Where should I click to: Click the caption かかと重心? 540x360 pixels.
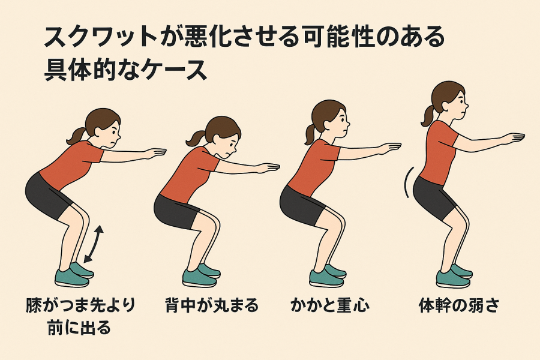[x=329, y=305]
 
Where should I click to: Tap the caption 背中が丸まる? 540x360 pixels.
[x=211, y=305]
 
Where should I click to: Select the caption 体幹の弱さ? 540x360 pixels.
[x=459, y=305]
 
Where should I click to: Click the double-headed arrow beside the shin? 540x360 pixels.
[x=94, y=244]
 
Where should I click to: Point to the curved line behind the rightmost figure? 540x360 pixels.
[x=407, y=182]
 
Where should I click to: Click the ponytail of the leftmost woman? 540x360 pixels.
[x=76, y=136]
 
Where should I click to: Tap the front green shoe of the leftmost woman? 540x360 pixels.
[x=71, y=278]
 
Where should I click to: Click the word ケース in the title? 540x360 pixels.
[x=174, y=70]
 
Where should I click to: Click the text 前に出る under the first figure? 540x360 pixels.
[x=79, y=327]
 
